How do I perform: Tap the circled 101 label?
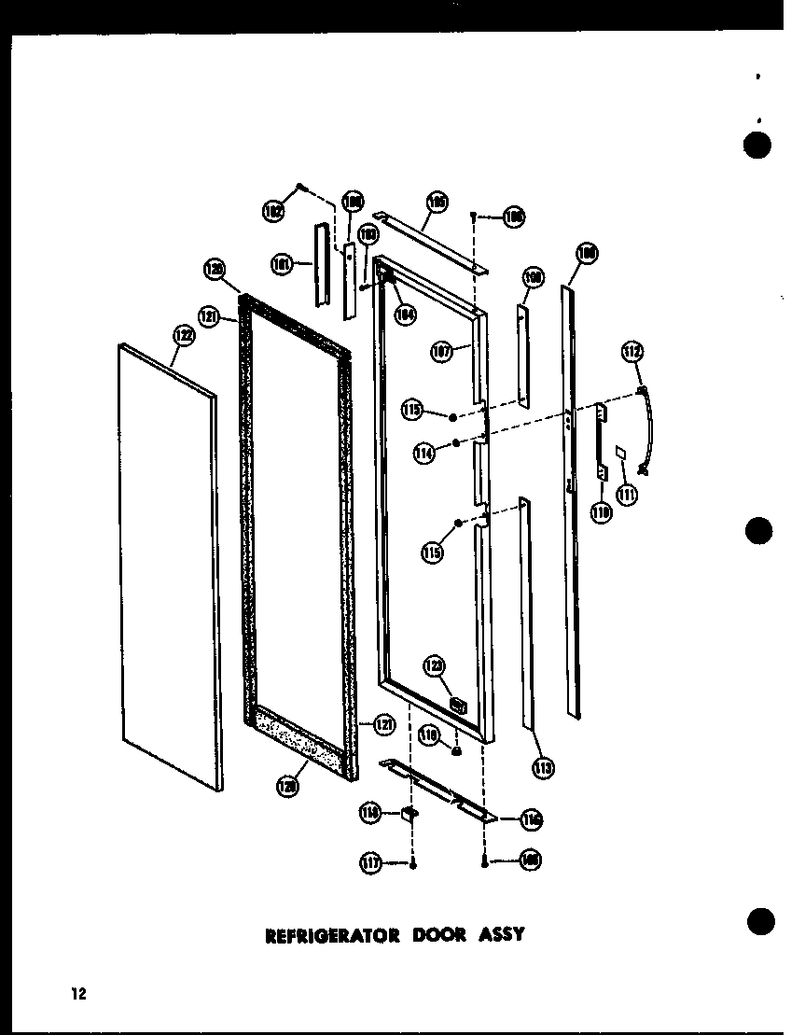coord(280,264)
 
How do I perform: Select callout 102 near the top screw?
coord(273,212)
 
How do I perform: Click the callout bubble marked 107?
coord(442,353)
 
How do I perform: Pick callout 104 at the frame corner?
coord(403,315)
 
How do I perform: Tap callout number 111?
coord(626,494)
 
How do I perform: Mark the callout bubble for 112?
coord(632,352)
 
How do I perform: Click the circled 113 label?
coord(543,768)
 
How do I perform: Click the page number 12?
coord(76,994)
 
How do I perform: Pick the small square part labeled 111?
coord(620,453)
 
